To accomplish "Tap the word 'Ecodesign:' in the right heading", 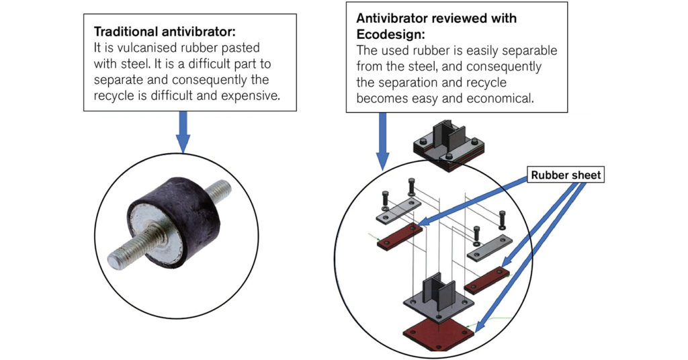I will click(386, 34).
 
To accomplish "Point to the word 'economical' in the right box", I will click(501, 98).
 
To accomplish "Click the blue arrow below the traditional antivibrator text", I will click(183, 130).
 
